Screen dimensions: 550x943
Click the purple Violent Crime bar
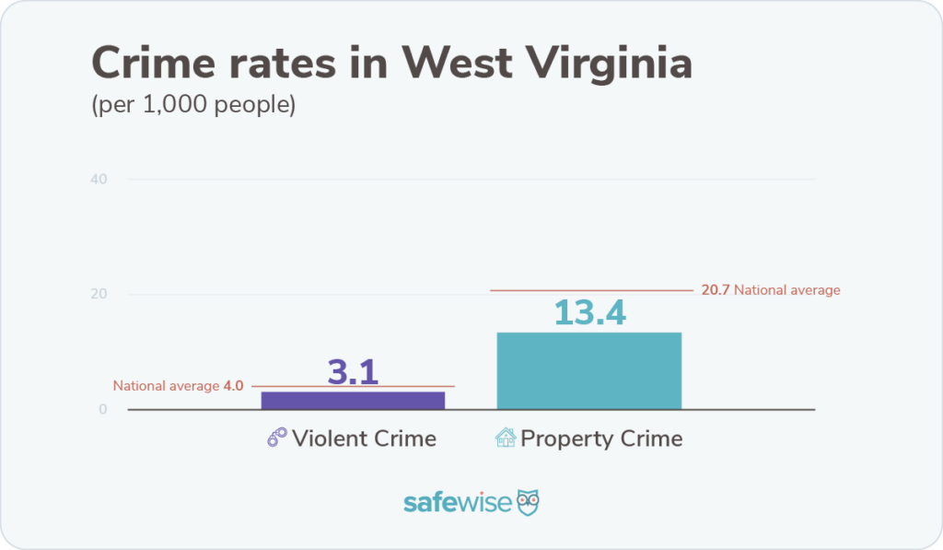tap(353, 400)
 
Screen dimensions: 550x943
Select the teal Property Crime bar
tap(588, 370)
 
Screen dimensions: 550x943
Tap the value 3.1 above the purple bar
tap(353, 371)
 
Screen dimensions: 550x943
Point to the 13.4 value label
tap(589, 313)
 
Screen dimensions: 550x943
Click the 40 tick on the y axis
tap(99, 179)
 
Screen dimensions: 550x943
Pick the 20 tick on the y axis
tap(99, 295)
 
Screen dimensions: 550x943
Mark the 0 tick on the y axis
tap(103, 410)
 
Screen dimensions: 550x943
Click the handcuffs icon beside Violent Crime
tap(277, 438)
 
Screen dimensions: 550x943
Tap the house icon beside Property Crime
tap(506, 438)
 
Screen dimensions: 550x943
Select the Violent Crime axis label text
tap(364, 439)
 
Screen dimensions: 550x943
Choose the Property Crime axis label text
tap(601, 439)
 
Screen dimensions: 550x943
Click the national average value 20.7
tap(715, 290)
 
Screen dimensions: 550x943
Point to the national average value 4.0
tap(233, 386)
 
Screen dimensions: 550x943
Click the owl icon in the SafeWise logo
tap(528, 502)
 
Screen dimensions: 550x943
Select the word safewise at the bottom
tap(457, 503)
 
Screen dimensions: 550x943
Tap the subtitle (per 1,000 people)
tap(192, 105)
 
